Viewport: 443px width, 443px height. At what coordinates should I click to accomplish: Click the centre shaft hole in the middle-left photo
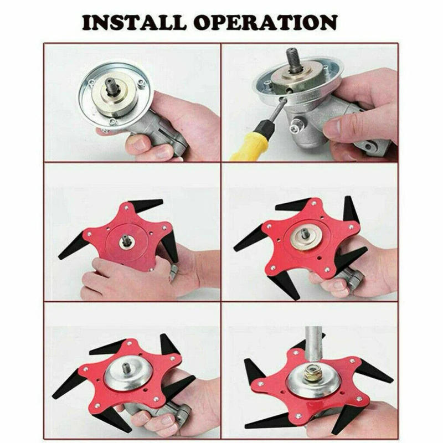click(x=127, y=241)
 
